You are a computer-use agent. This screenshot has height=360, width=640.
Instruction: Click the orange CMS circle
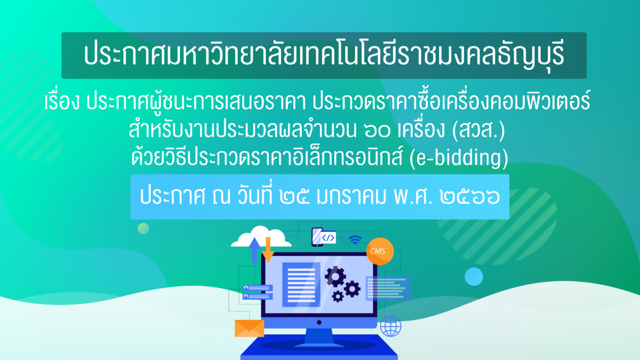pos(380,251)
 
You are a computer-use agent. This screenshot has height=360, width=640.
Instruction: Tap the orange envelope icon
pos(249,329)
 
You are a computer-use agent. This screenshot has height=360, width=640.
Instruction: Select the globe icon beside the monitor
pos(390,326)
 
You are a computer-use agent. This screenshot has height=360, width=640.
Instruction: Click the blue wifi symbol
pos(355,239)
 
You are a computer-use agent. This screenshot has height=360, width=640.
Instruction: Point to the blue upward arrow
pos(254,250)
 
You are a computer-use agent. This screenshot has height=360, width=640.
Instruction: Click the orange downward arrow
pos(268,250)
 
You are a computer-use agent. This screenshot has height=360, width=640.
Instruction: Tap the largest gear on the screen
pos(335,277)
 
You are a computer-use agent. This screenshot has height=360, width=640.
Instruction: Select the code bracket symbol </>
pos(328,238)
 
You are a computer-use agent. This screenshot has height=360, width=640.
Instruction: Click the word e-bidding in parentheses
pos(459,158)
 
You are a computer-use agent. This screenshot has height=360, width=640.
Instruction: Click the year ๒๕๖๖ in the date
pos(470,197)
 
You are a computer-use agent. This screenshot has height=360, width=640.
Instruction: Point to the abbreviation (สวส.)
pos(478,130)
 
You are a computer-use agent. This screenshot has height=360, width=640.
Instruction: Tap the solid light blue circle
pos(474,277)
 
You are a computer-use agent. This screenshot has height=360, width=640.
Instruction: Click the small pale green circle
pos(143,229)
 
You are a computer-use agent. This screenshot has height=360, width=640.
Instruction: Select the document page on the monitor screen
pos(301,285)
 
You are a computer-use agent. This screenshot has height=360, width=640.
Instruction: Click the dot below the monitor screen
pos(319,322)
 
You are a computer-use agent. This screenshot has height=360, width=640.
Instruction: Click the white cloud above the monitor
pos(261,237)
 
